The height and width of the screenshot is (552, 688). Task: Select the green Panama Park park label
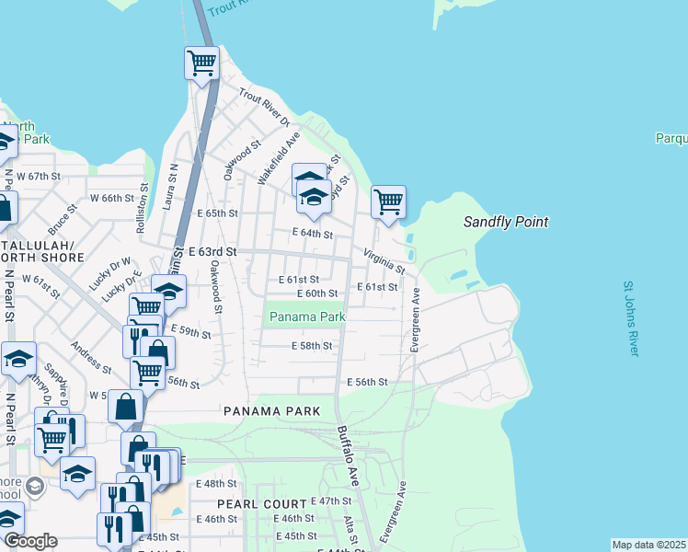[307, 316]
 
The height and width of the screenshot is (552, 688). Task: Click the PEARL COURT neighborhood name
[261, 504]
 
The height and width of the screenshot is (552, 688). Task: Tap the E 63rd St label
[212, 251]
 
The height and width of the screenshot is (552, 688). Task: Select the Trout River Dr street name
[264, 108]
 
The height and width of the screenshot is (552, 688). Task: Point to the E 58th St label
[311, 346]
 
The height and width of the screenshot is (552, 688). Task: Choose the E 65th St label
[217, 213]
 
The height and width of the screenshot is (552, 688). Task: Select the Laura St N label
[171, 188]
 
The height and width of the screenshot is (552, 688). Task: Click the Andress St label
[91, 359]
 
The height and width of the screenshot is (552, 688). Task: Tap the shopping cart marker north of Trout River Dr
[201, 63]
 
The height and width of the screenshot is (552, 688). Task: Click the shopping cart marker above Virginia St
[388, 201]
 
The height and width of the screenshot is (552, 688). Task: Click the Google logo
[29, 541]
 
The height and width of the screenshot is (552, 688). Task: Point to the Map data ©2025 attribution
[648, 545]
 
